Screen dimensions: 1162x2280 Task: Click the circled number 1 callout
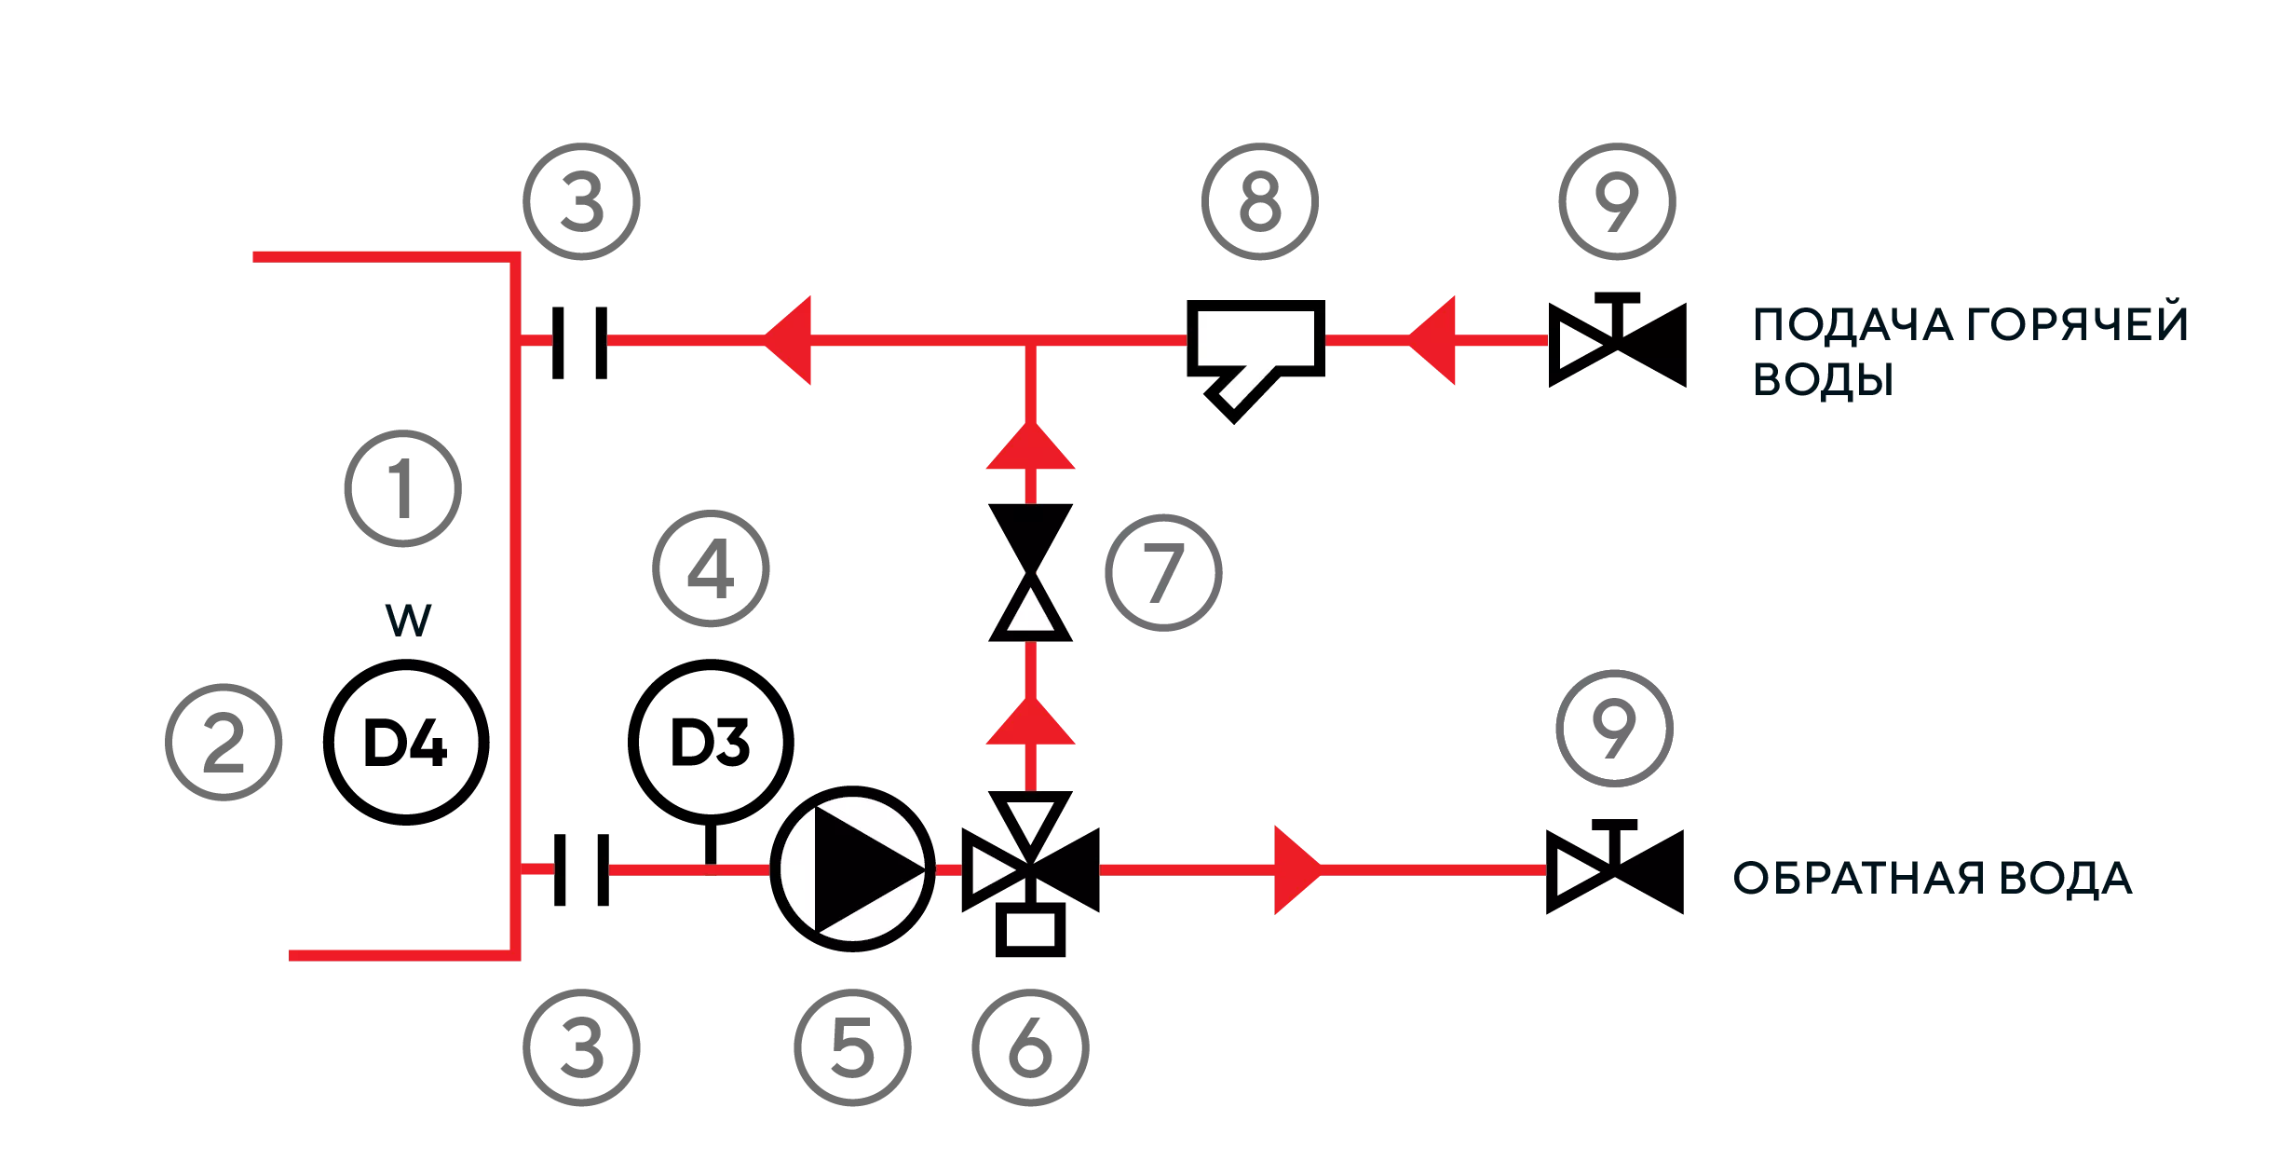point(402,487)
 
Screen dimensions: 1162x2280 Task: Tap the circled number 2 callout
point(224,742)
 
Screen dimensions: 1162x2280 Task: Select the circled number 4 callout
point(712,569)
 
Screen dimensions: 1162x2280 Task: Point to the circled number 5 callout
point(852,1046)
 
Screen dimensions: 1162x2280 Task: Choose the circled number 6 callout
point(1031,1046)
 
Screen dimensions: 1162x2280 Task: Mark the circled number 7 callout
point(1165,570)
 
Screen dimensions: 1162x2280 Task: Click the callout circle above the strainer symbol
point(1258,200)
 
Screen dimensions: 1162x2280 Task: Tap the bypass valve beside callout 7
point(1031,574)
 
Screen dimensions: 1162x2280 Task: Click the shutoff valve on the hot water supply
point(1616,340)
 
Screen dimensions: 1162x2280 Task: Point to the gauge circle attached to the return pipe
point(712,742)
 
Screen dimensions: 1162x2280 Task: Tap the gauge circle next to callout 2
point(405,742)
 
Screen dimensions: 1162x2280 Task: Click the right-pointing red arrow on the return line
point(1296,869)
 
